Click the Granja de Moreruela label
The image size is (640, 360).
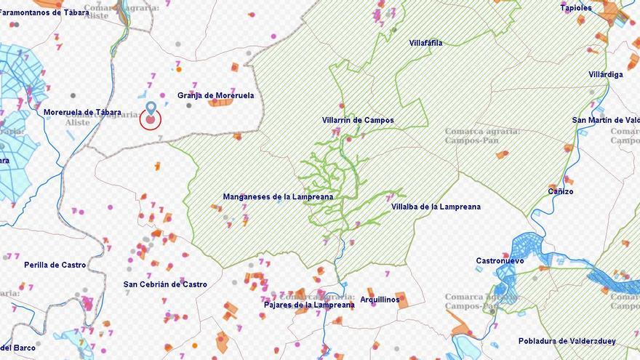pos(215,95)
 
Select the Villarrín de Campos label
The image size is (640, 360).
pos(358,121)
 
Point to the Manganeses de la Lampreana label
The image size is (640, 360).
pos(278,197)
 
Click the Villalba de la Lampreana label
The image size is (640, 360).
pos(436,207)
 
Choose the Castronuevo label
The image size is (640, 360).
pos(500,260)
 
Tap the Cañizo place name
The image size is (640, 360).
pos(560,192)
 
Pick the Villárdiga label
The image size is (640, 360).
pos(605,75)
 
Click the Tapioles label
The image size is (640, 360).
pos(575,8)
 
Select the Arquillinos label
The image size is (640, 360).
pos(379,299)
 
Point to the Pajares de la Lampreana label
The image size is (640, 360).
pos(309,305)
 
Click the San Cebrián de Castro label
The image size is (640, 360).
pos(165,284)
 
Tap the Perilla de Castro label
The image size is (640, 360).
pos(55,265)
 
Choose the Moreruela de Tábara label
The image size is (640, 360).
pos(82,112)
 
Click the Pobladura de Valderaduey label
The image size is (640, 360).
pos(567,341)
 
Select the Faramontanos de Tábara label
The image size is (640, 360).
pos(45,12)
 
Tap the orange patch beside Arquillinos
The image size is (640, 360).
pos(401,300)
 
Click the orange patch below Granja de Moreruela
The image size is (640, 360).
pos(220,103)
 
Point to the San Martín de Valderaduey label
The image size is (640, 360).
pos(606,120)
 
